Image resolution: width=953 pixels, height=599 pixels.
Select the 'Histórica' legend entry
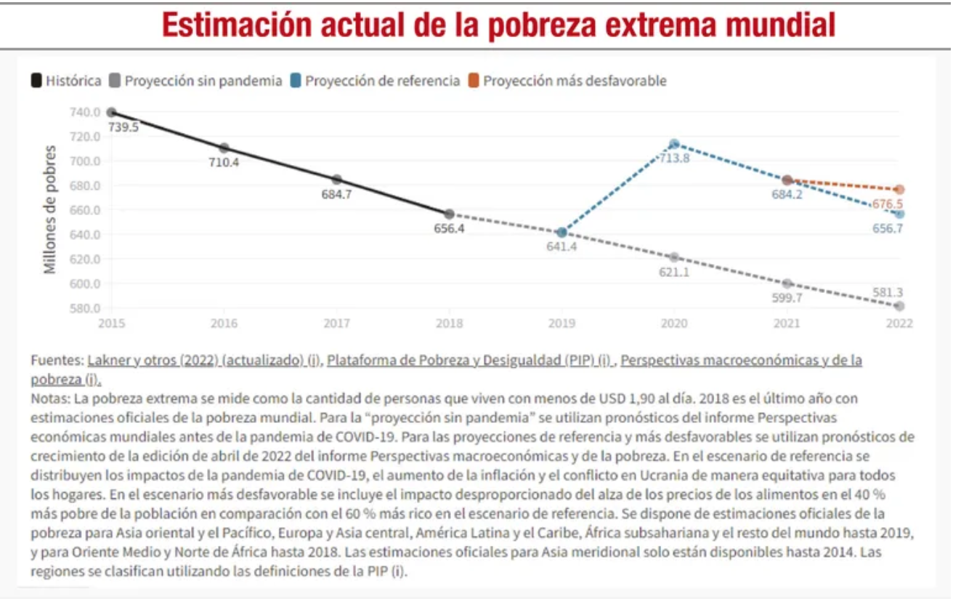coord(73,81)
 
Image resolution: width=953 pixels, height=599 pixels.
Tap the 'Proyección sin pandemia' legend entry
coord(203,81)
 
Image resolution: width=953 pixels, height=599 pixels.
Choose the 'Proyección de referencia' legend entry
coord(382,81)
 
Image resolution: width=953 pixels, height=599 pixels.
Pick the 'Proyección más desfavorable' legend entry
coord(574,81)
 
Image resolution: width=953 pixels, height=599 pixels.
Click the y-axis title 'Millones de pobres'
coord(50,210)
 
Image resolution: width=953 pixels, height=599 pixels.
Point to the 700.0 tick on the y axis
coord(86,161)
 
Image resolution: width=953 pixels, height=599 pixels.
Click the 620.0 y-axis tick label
coord(86,259)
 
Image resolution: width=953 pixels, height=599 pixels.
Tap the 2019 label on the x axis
coord(561,323)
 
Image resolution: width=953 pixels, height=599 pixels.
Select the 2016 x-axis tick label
coord(224,323)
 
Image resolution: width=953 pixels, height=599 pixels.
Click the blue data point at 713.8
coord(674,144)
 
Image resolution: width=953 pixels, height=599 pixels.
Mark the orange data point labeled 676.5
coord(899,189)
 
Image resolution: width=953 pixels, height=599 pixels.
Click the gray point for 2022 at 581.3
coord(899,306)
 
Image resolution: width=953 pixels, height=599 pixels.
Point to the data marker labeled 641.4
coord(561,233)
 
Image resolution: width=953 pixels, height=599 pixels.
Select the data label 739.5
coord(123,127)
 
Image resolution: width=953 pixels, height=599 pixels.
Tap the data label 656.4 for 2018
coord(449,229)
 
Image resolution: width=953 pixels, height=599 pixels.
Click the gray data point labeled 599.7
coord(787,284)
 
